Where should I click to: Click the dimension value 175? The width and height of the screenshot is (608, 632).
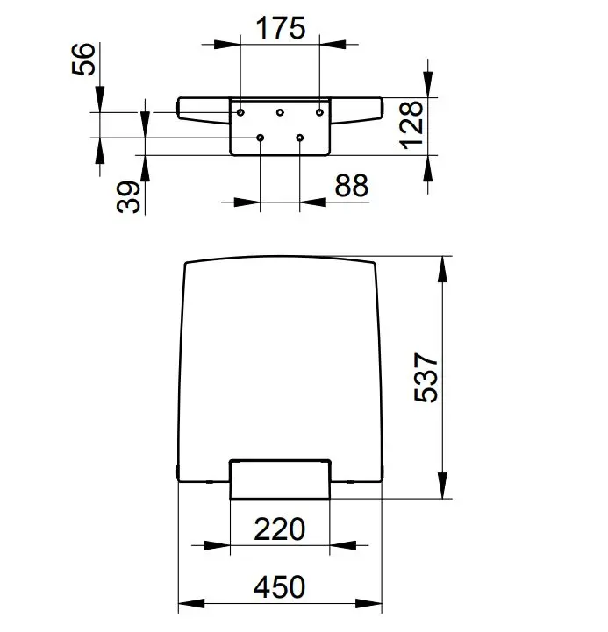tap(281, 28)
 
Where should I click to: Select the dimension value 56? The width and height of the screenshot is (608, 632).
tap(84, 59)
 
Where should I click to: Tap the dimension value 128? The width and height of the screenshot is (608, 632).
tap(411, 125)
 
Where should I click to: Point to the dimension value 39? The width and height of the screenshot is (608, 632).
tap(128, 196)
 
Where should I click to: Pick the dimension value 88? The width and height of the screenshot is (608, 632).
tap(352, 186)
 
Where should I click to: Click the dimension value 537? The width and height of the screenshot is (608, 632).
tap(426, 377)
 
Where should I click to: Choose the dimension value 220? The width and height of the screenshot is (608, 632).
tap(280, 529)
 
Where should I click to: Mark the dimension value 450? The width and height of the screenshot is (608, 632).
tap(280, 587)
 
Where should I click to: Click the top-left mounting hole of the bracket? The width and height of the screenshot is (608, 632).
tap(240, 112)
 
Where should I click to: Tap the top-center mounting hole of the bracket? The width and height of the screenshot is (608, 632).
tap(280, 112)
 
